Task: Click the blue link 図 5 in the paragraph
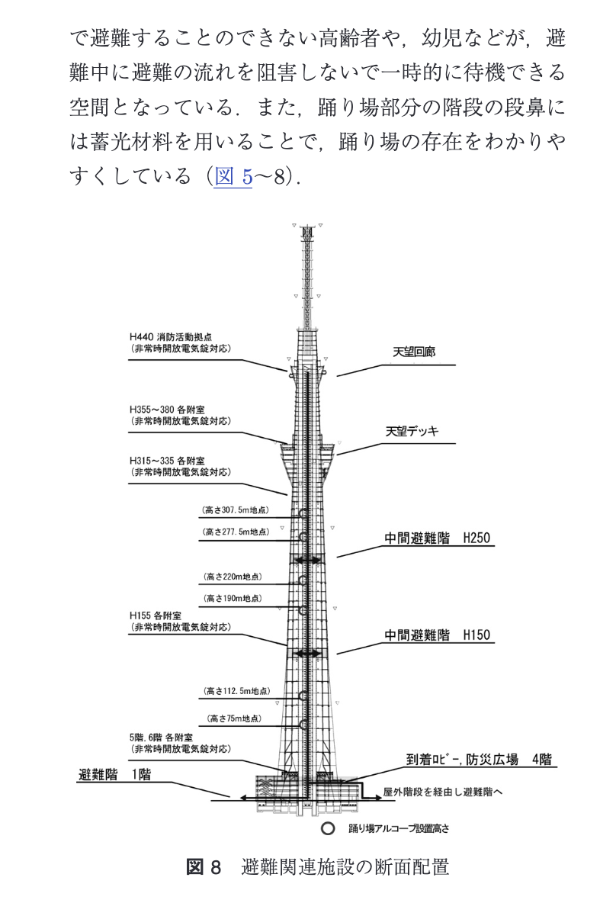coord(233,176)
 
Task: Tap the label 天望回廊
coord(414,353)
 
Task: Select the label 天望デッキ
coord(412,432)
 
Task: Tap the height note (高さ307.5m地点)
coord(236,509)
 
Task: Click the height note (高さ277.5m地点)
coord(236,532)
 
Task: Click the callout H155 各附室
coord(156,615)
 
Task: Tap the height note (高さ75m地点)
coord(236,718)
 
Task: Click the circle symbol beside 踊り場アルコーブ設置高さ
coord(328,827)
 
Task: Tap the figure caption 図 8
coord(204,867)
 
